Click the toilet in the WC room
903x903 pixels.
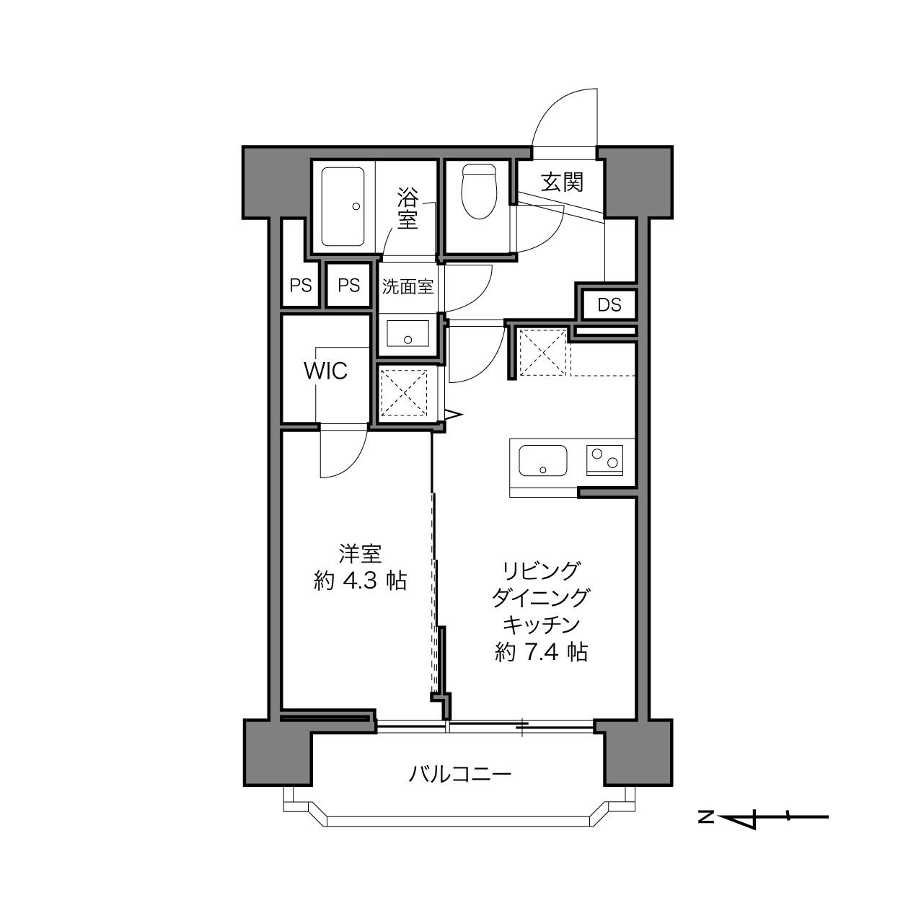click(x=478, y=192)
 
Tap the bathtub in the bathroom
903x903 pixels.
click(x=343, y=206)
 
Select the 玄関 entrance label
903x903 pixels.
click(x=562, y=182)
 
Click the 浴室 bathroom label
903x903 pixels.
click(x=408, y=208)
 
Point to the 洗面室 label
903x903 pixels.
click(x=408, y=286)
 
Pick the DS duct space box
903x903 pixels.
click(x=609, y=305)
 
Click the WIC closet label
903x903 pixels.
click(x=326, y=371)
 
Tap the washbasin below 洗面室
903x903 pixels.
click(x=408, y=334)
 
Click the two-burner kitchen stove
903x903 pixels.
click(x=604, y=460)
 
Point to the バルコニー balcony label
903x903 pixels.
click(x=459, y=775)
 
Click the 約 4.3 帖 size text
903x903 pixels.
click(x=360, y=581)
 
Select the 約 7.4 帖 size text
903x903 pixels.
click(x=541, y=652)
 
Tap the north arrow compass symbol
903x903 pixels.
click(x=763, y=817)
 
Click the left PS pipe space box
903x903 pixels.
click(x=300, y=285)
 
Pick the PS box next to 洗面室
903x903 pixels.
click(x=348, y=285)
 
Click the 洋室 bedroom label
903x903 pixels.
click(x=360, y=554)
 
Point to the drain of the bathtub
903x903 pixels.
click(x=356, y=206)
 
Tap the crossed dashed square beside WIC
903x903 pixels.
click(x=404, y=393)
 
